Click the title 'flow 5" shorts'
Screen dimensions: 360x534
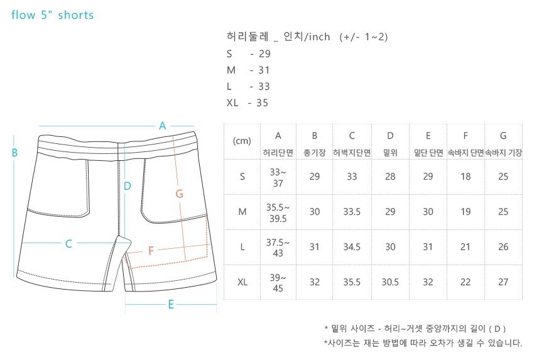pos(53,14)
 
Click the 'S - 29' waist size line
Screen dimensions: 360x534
pos(249,53)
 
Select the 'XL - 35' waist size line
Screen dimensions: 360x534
pos(248,102)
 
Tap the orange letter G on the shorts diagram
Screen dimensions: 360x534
pos(179,194)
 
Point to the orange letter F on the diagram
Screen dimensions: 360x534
pos(151,251)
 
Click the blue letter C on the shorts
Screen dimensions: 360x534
pos(69,244)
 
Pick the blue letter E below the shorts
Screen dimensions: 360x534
pos(170,305)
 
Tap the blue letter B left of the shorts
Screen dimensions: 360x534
pos(14,152)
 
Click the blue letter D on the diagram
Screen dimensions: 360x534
pos(127,185)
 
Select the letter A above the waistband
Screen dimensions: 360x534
pos(162,125)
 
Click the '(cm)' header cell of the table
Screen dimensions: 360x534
pos(242,141)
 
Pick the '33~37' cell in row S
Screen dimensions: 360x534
pos(278,177)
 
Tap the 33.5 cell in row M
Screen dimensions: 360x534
pos(352,212)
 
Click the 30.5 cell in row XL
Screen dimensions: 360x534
pos(390,282)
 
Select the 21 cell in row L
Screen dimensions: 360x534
pos(466,247)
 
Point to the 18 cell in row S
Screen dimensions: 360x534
pos(466,177)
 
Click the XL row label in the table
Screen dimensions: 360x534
pos(242,282)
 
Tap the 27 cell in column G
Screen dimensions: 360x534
pos(503,282)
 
